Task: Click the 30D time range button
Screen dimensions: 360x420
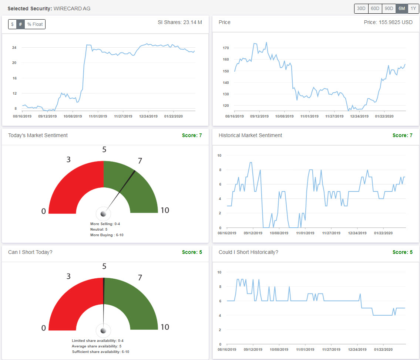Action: click(x=361, y=9)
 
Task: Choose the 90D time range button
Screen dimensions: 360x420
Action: click(x=389, y=9)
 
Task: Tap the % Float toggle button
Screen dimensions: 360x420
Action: click(x=35, y=24)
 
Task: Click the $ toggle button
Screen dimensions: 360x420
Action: click(x=12, y=24)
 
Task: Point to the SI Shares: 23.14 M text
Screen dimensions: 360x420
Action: click(x=180, y=22)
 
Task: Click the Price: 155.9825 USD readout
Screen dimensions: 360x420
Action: click(x=388, y=22)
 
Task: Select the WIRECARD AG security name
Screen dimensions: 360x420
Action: click(x=72, y=9)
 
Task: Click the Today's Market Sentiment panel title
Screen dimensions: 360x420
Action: click(x=38, y=135)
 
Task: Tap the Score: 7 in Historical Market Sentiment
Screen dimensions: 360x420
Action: click(x=402, y=135)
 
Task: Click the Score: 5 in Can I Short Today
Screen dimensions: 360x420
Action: click(x=192, y=252)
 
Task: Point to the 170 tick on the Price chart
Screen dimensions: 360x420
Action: click(x=226, y=48)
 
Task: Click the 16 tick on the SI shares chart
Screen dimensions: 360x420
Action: click(x=14, y=78)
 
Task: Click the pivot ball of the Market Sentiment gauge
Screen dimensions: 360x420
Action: click(x=103, y=213)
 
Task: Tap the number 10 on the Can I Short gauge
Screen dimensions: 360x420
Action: click(x=165, y=327)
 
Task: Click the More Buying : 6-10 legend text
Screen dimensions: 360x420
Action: click(x=107, y=235)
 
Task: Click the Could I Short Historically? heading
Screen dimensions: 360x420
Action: click(x=248, y=252)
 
